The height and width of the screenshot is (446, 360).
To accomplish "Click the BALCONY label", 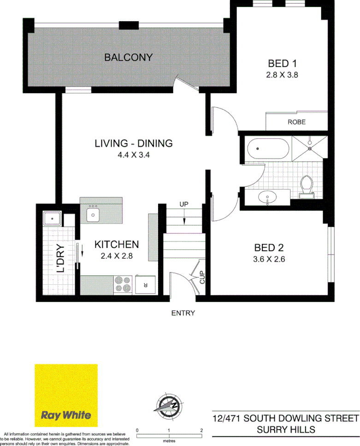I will click(x=128, y=58).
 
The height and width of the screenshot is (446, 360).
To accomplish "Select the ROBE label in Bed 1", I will click(x=296, y=123).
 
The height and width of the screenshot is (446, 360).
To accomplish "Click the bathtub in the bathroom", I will click(x=267, y=149).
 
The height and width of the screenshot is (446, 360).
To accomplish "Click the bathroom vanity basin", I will click(x=267, y=199).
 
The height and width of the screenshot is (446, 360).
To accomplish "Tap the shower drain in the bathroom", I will click(x=310, y=148).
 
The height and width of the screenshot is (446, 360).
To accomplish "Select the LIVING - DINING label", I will click(x=133, y=143).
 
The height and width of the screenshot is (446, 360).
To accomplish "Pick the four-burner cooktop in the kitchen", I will click(x=123, y=284).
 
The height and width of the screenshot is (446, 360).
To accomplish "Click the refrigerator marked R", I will click(x=145, y=285).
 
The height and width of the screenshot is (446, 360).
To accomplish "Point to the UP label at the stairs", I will click(x=184, y=204).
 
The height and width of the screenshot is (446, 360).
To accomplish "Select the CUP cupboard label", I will click(x=201, y=277).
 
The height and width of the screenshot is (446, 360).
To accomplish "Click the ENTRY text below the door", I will click(x=183, y=313).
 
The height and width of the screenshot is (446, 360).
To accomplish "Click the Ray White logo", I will click(x=66, y=395).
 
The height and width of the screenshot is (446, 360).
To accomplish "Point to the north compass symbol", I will click(x=167, y=405).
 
